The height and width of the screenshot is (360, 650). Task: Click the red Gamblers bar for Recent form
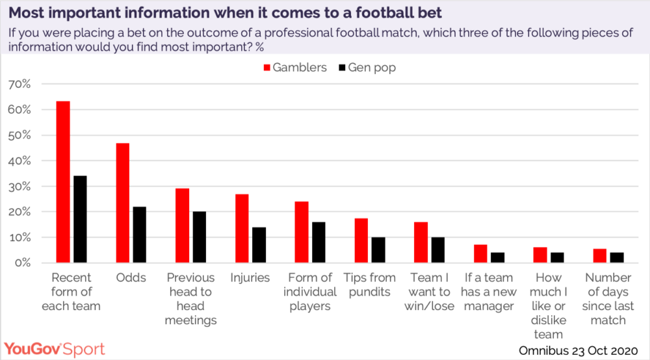click(x=63, y=182)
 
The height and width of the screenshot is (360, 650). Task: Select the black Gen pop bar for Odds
click(x=139, y=235)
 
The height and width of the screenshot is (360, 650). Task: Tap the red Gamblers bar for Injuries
click(x=242, y=228)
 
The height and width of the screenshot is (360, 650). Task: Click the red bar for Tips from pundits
click(x=361, y=240)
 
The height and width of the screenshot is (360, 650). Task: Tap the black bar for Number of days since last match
click(x=617, y=257)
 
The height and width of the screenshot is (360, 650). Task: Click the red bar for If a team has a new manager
click(x=480, y=253)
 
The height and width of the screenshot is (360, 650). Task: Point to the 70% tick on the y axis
click(x=19, y=84)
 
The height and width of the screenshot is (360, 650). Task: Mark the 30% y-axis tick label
click(x=19, y=186)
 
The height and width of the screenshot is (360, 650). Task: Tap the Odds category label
click(x=131, y=277)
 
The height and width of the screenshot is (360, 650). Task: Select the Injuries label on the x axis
click(x=250, y=277)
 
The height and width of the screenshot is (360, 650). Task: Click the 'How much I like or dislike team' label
click(x=549, y=305)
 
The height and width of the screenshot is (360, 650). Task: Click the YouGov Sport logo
click(x=55, y=348)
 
